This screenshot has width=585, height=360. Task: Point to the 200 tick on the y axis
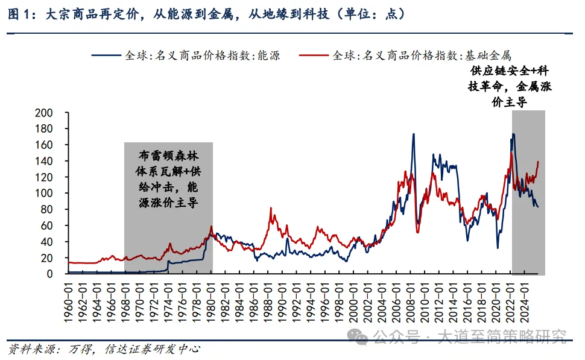(x=46, y=113)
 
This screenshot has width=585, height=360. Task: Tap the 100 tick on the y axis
(x=46, y=193)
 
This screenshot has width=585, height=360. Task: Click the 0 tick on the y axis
(x=52, y=274)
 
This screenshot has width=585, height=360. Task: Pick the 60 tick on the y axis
(x=48, y=226)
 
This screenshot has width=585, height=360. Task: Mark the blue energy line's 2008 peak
(x=414, y=134)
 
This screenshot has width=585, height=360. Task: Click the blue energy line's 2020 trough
(x=498, y=247)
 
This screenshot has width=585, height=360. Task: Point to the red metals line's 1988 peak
(x=272, y=208)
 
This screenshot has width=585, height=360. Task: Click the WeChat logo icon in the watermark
(x=361, y=336)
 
